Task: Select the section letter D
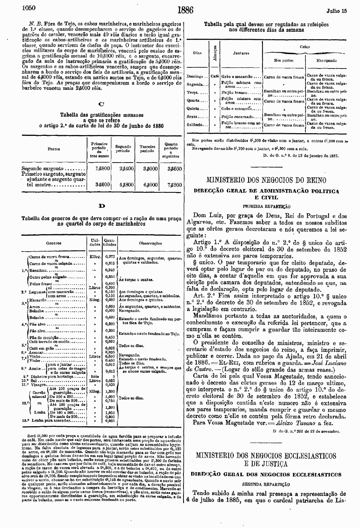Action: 101,206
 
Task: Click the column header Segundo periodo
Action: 123,149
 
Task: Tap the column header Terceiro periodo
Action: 147,149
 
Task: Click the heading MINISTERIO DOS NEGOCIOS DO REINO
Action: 266,180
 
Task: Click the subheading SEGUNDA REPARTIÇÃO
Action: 266,484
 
